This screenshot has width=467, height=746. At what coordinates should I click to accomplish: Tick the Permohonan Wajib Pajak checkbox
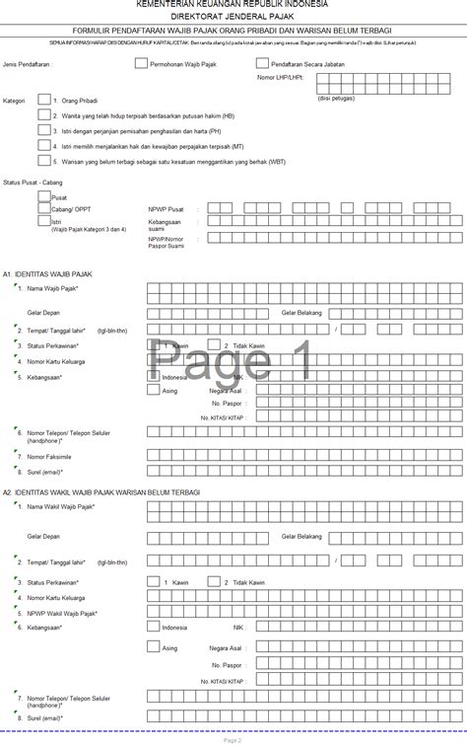(x=141, y=61)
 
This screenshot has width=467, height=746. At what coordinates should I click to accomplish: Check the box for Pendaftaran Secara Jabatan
(x=262, y=61)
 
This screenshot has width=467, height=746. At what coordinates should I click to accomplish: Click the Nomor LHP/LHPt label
(x=282, y=76)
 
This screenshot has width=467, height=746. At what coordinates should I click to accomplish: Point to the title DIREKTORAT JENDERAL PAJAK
(x=233, y=18)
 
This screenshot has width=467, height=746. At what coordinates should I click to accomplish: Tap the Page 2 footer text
(x=233, y=739)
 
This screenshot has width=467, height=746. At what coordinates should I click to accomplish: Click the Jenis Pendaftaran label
(x=28, y=62)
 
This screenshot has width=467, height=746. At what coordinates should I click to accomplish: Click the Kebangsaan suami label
(x=164, y=226)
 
